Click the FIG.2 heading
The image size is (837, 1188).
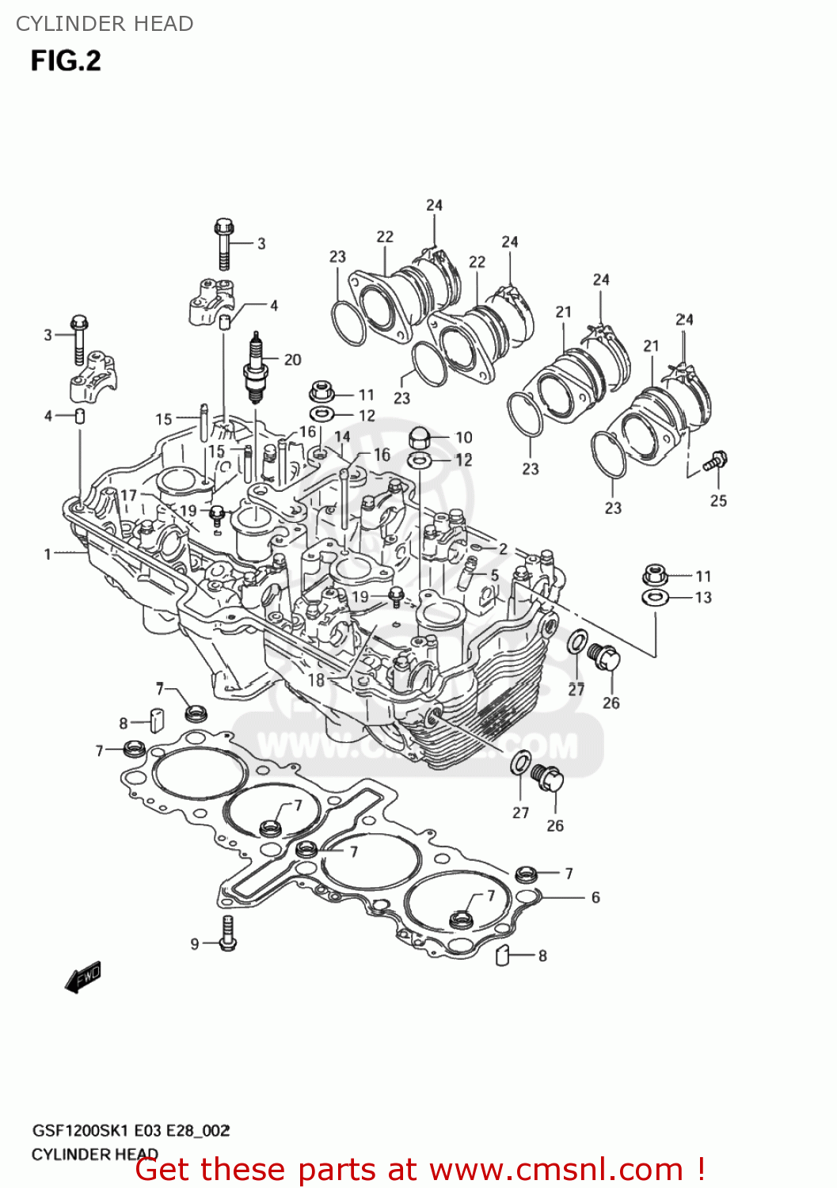66,61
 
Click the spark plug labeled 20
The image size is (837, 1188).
255,368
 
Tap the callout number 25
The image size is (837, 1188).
717,501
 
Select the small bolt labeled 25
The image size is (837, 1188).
716,461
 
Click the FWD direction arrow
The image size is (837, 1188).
83,977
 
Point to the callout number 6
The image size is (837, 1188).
595,897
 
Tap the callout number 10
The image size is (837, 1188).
463,437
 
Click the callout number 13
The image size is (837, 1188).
703,597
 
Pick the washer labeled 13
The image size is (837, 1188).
655,596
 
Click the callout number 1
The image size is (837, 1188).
48,554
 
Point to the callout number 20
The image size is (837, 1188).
292,360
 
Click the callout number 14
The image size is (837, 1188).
342,436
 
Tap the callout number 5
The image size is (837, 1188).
495,575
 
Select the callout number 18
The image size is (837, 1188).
316,679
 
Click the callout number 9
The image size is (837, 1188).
195,943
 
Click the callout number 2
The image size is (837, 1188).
503,549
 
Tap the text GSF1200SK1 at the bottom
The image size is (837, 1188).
79,1130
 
